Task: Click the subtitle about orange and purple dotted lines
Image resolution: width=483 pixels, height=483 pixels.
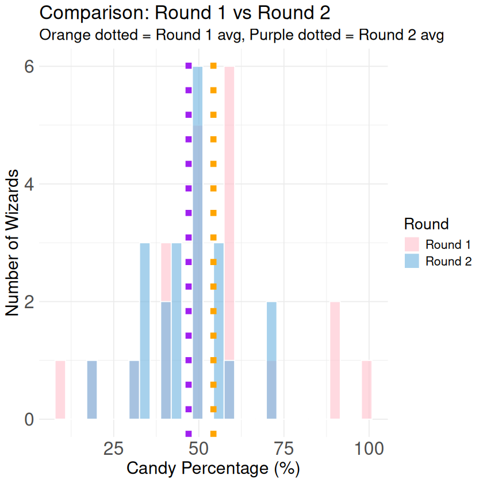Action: point(241,34)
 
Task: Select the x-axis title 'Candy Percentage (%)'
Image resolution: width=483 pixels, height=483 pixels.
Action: point(213,469)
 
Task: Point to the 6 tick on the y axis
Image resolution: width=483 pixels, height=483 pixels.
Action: point(28,67)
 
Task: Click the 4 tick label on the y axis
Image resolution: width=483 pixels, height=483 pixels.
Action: point(28,184)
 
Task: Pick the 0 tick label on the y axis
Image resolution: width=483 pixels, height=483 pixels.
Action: point(28,419)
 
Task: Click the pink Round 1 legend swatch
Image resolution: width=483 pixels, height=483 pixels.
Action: point(412,244)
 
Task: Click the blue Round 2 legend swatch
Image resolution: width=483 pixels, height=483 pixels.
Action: point(412,261)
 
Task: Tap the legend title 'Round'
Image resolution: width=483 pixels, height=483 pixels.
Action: point(426,223)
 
